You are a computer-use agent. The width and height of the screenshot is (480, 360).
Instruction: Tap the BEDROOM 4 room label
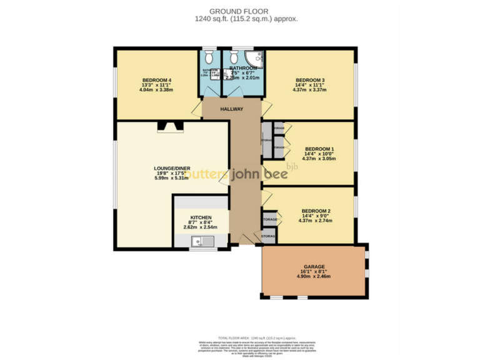[x=157, y=80]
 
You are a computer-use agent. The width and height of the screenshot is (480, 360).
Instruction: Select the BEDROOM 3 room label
[x=310, y=80]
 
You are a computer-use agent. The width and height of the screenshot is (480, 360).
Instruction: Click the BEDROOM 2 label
[x=316, y=211]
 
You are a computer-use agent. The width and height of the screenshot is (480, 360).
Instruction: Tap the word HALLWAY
[x=231, y=109]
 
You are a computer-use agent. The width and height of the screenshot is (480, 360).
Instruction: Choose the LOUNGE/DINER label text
[x=172, y=168]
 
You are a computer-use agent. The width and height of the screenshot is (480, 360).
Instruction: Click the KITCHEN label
[x=201, y=218]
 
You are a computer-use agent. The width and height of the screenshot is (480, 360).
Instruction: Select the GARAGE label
[x=314, y=266]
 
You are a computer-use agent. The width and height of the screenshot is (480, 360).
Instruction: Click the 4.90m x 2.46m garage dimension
[x=314, y=276]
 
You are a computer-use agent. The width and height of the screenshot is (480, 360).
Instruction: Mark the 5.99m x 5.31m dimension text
[x=172, y=178]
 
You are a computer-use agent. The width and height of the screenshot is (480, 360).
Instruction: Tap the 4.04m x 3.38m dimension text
[x=157, y=90]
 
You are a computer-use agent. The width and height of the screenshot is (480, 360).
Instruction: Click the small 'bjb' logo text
[x=292, y=166]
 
